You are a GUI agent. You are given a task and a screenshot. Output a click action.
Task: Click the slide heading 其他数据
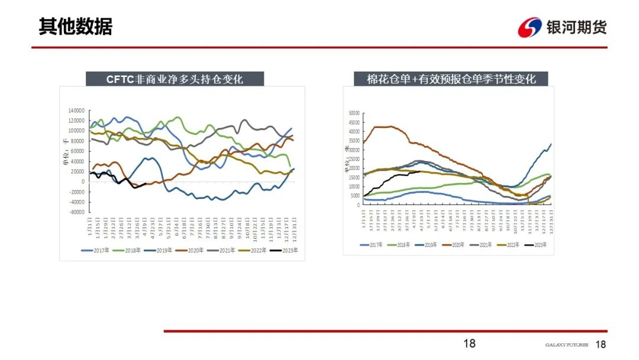click(x=75, y=27)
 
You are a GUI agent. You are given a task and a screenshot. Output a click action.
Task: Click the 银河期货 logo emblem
click(x=530, y=27)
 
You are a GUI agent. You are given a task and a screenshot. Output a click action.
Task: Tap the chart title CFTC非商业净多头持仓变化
click(x=175, y=79)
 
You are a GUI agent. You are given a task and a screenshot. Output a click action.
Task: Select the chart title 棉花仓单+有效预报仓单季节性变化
click(x=450, y=79)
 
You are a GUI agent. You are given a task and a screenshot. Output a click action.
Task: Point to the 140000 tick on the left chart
click(x=76, y=111)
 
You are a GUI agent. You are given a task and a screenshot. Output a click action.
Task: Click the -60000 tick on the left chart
click(x=76, y=212)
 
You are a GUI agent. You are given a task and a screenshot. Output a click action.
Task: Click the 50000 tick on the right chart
click(x=354, y=113)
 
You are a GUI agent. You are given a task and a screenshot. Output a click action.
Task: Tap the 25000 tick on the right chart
click(x=354, y=159)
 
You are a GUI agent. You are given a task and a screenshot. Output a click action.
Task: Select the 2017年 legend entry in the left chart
click(x=96, y=250)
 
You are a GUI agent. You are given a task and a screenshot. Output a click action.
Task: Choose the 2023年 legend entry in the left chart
click(x=285, y=250)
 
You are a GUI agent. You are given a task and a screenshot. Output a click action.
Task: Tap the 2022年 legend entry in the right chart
click(x=514, y=245)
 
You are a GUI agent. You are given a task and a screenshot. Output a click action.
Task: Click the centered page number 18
click(x=469, y=344)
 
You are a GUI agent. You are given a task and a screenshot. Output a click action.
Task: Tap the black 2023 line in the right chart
click(x=396, y=175)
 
